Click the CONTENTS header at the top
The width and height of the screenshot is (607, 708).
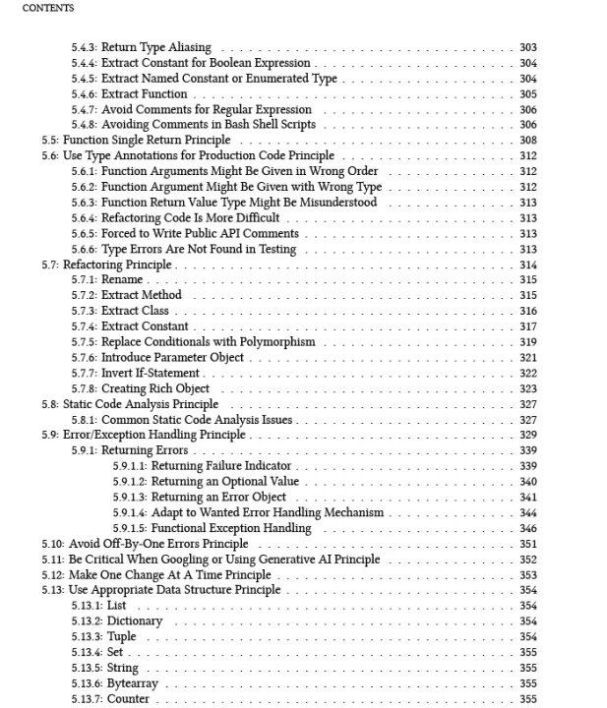click(x=47, y=8)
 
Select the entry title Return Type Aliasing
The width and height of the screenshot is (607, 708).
click(x=155, y=47)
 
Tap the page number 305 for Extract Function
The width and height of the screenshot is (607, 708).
click(x=527, y=94)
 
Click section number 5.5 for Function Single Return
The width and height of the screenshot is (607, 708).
click(x=50, y=141)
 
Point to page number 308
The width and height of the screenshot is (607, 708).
click(x=527, y=141)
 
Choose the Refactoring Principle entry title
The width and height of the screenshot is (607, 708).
click(x=118, y=265)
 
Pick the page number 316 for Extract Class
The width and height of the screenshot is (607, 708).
click(x=527, y=311)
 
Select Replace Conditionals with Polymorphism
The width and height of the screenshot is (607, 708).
click(x=209, y=342)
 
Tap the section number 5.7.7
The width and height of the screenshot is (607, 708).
click(x=85, y=373)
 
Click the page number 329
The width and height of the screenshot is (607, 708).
click(x=527, y=435)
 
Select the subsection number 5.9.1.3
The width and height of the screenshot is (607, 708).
click(x=130, y=498)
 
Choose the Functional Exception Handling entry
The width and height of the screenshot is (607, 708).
click(x=230, y=528)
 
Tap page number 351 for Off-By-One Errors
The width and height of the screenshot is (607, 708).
click(x=527, y=544)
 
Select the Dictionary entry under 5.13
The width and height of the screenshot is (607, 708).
click(x=135, y=621)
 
